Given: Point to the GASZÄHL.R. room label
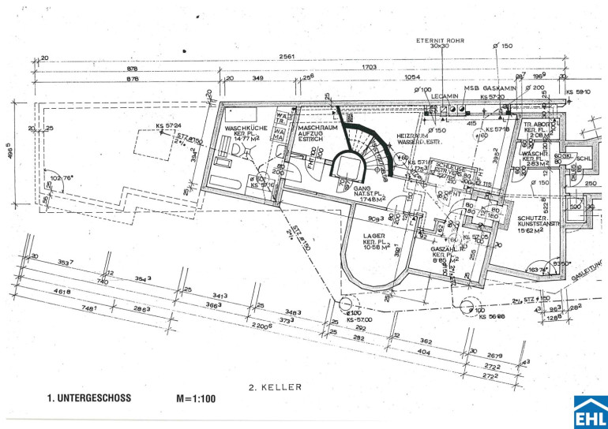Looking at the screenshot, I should coord(442,250).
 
